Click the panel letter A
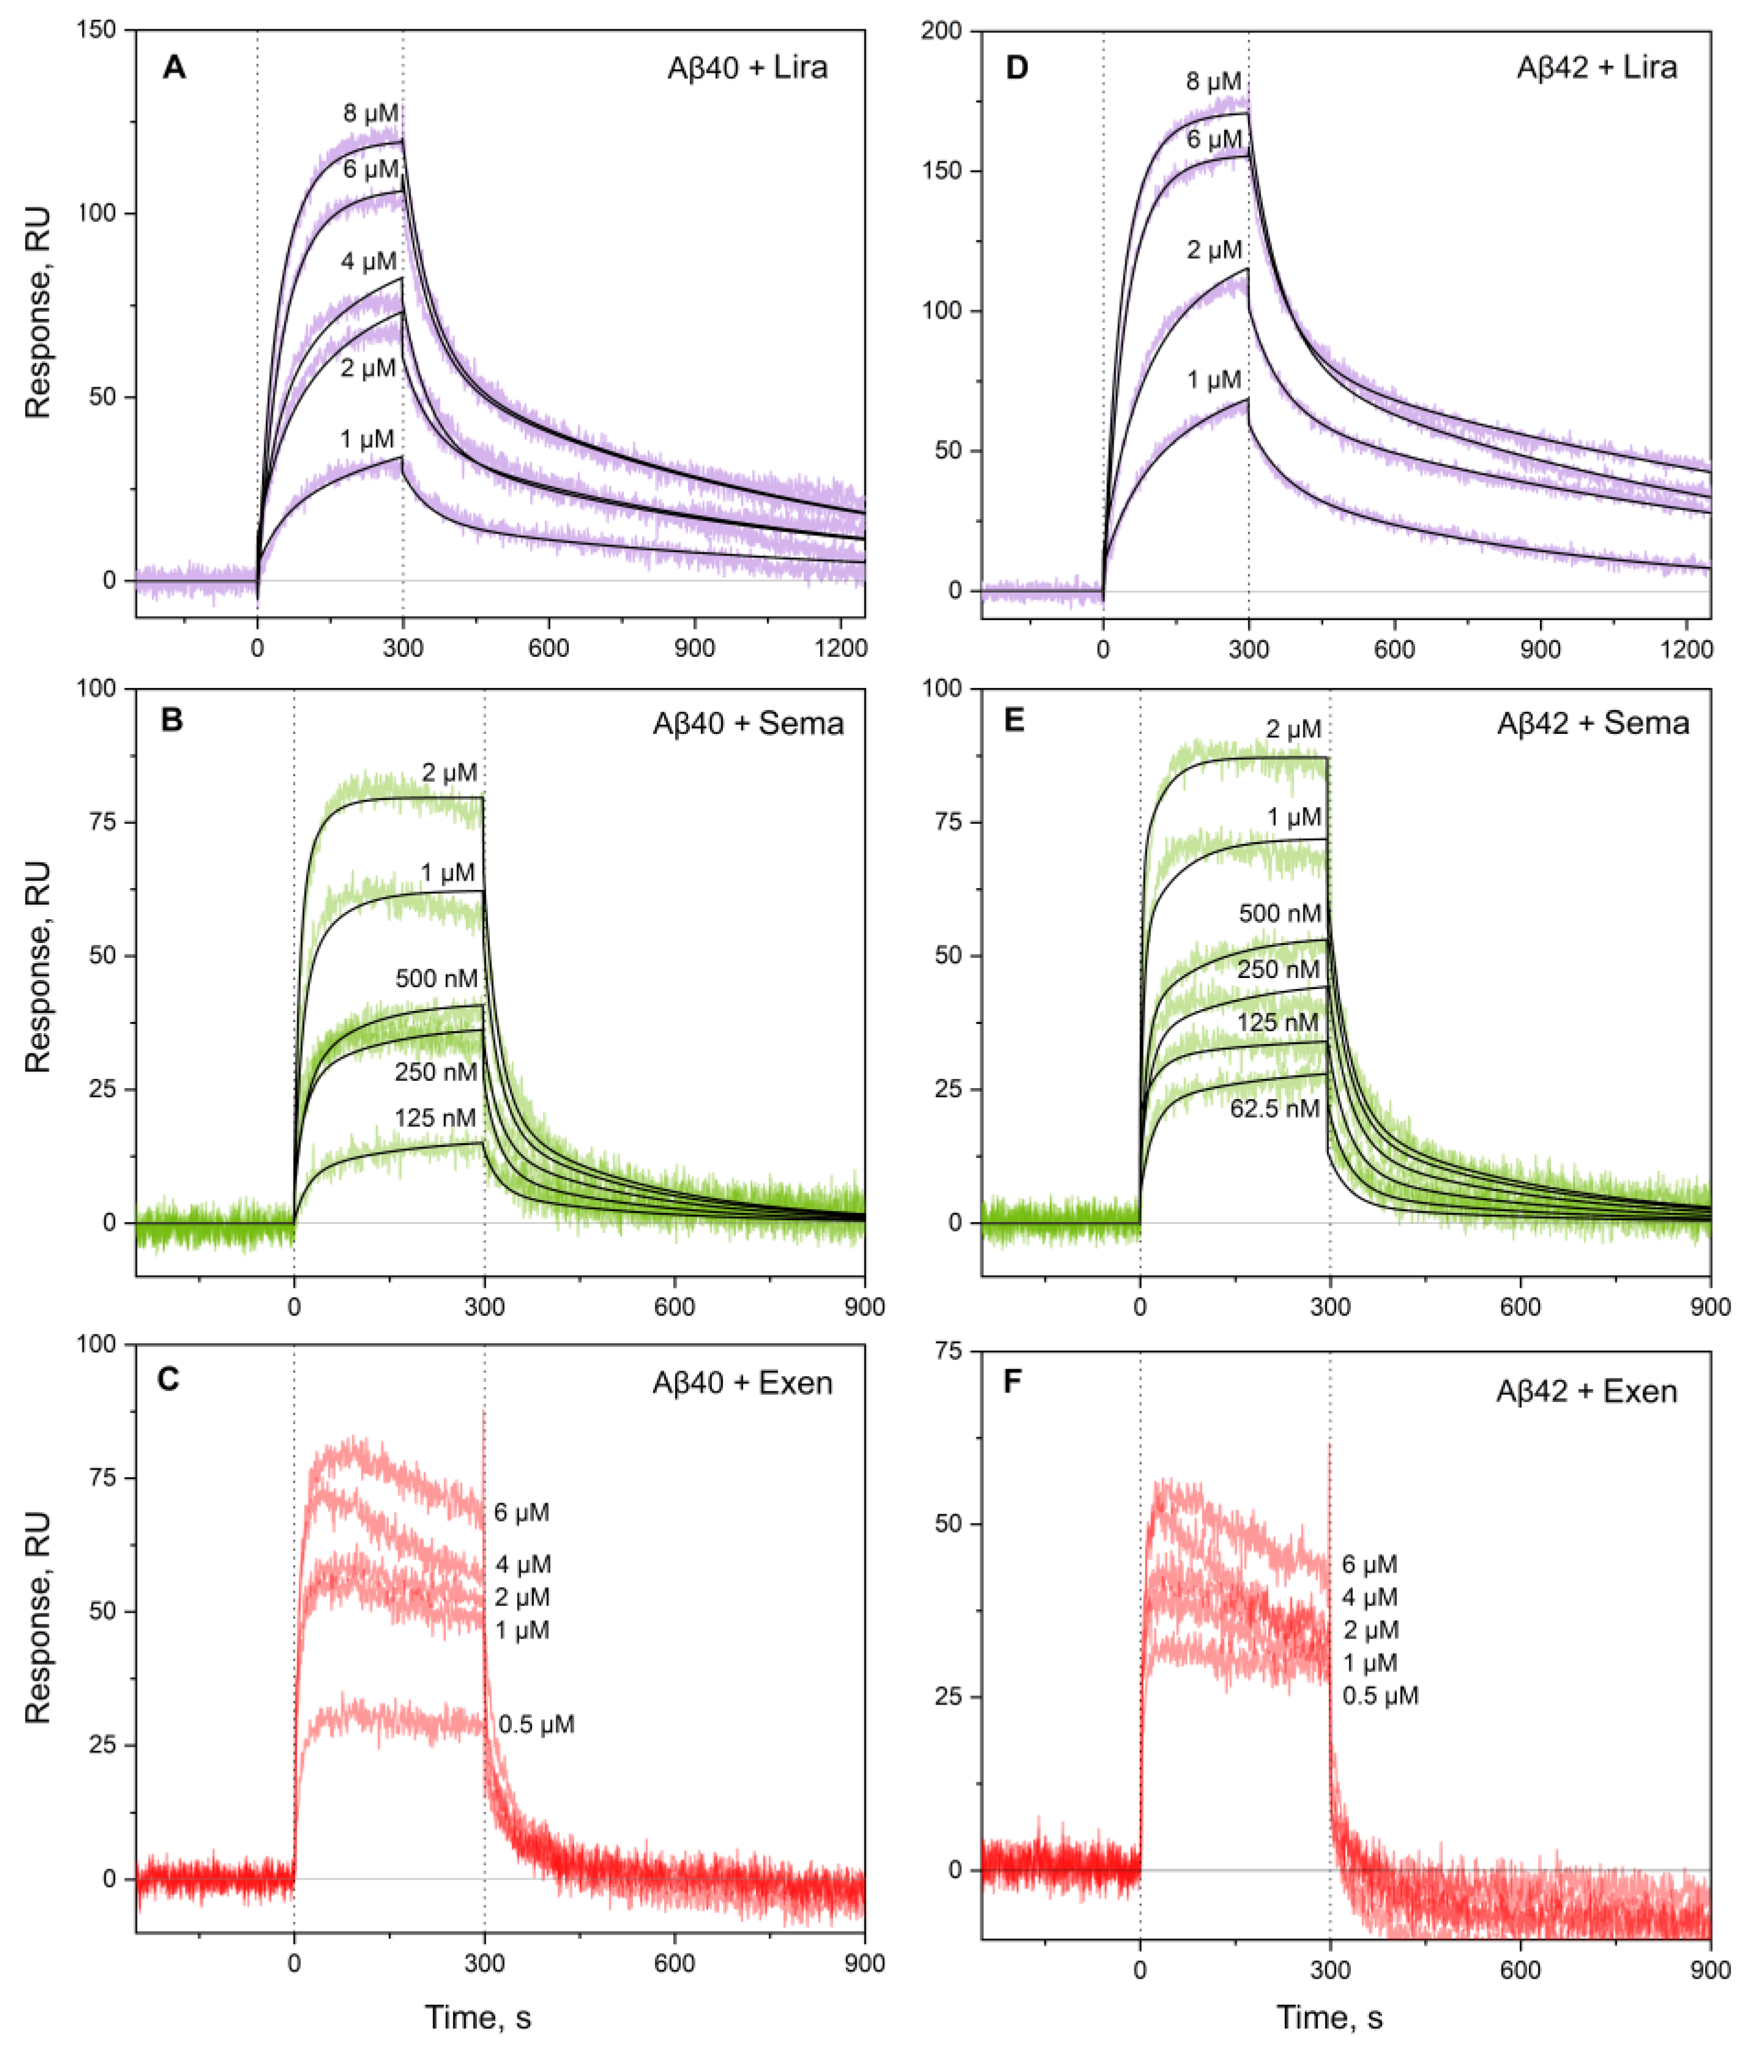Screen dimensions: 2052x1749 point(174,67)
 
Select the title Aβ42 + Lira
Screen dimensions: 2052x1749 point(1597,67)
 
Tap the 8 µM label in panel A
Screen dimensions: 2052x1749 point(371,113)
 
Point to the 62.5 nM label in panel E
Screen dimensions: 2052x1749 point(1274,1108)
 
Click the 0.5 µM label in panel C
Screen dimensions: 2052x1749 point(536,1724)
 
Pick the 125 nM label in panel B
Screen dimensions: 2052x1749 point(435,1118)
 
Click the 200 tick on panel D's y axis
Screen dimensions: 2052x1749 point(941,31)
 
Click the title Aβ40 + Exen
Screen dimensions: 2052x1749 point(742,1382)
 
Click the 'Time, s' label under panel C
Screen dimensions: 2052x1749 point(478,2017)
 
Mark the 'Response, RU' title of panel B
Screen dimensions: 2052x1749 point(38,966)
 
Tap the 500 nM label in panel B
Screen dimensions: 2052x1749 point(436,979)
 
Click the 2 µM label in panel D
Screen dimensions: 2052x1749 point(1214,251)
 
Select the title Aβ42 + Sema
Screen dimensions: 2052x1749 point(1592,723)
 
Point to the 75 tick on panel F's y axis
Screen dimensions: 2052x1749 point(948,1352)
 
